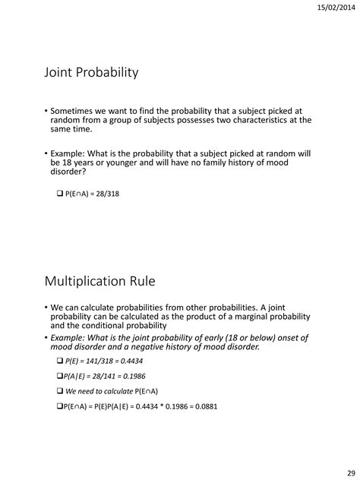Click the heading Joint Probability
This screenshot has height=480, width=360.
(91, 73)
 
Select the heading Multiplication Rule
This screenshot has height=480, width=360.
(99, 282)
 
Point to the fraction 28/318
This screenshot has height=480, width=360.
(109, 194)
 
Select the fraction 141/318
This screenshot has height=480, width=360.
(98, 360)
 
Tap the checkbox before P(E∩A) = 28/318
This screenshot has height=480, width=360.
(60, 194)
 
